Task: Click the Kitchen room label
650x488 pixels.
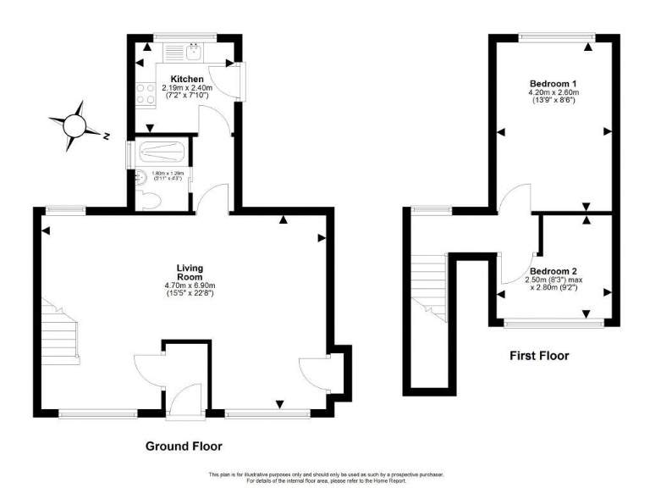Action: (186, 80)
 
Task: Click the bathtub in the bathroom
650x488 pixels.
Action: (160, 152)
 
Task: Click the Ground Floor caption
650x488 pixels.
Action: (183, 446)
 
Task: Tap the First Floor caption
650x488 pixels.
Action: (539, 356)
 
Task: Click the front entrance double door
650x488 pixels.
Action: (181, 398)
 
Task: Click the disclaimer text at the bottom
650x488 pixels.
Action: (325, 477)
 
